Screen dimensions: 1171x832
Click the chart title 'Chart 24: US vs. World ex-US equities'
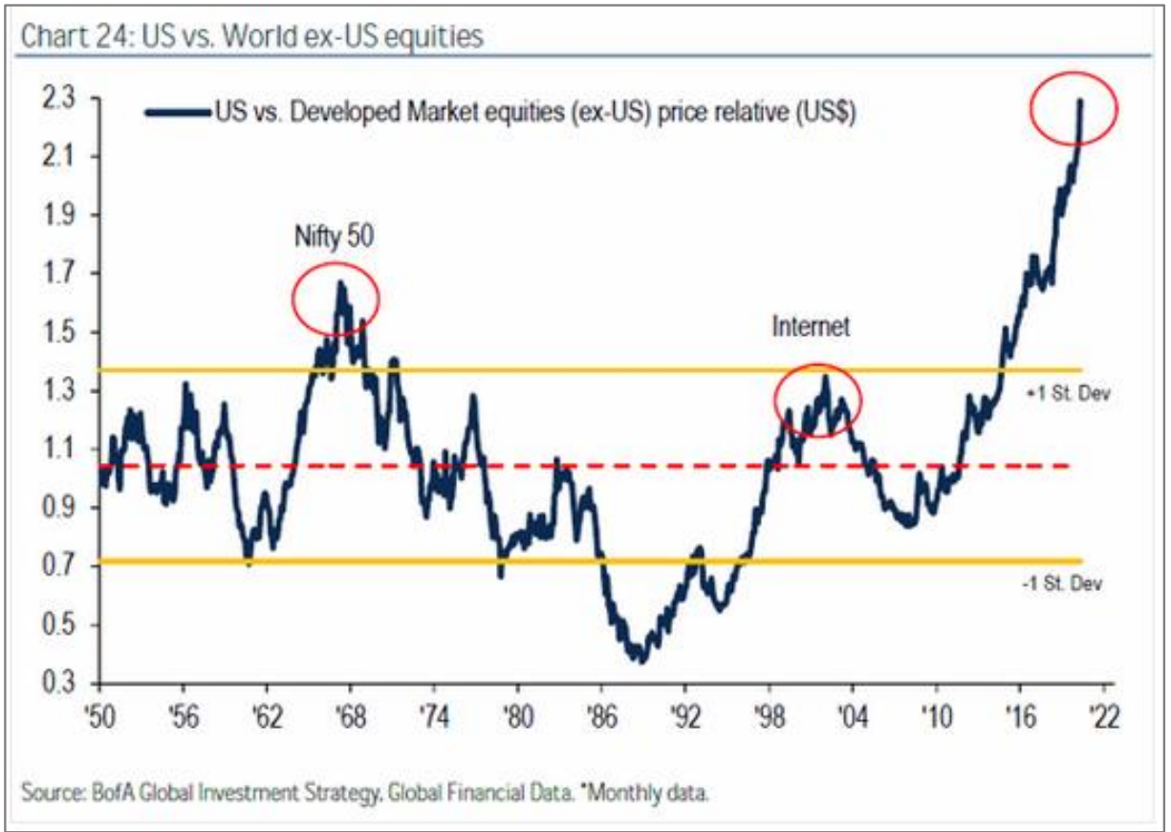click(251, 36)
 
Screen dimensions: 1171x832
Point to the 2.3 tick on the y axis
click(58, 98)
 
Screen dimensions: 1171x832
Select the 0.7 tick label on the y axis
click(58, 565)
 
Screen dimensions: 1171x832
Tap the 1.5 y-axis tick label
click(58, 332)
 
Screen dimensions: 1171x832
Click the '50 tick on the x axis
click(99, 716)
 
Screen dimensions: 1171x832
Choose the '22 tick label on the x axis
click(1103, 716)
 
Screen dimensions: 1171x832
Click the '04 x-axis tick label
click(853, 716)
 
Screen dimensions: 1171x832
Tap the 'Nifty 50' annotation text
click(335, 236)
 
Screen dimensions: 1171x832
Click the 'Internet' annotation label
click(811, 326)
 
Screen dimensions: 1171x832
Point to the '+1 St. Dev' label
click(1068, 393)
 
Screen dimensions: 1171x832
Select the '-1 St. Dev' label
click(1062, 583)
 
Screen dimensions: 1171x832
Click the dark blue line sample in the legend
click(177, 113)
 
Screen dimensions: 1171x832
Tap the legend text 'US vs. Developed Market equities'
click(390, 112)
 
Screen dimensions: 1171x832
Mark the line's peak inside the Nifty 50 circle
click(340, 283)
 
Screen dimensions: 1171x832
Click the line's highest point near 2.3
click(1080, 100)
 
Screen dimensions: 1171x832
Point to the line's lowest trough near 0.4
click(643, 661)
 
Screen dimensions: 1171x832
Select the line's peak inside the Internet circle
click(826, 376)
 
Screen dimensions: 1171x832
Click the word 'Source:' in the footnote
click(54, 793)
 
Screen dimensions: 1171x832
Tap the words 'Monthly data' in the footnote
click(649, 793)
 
